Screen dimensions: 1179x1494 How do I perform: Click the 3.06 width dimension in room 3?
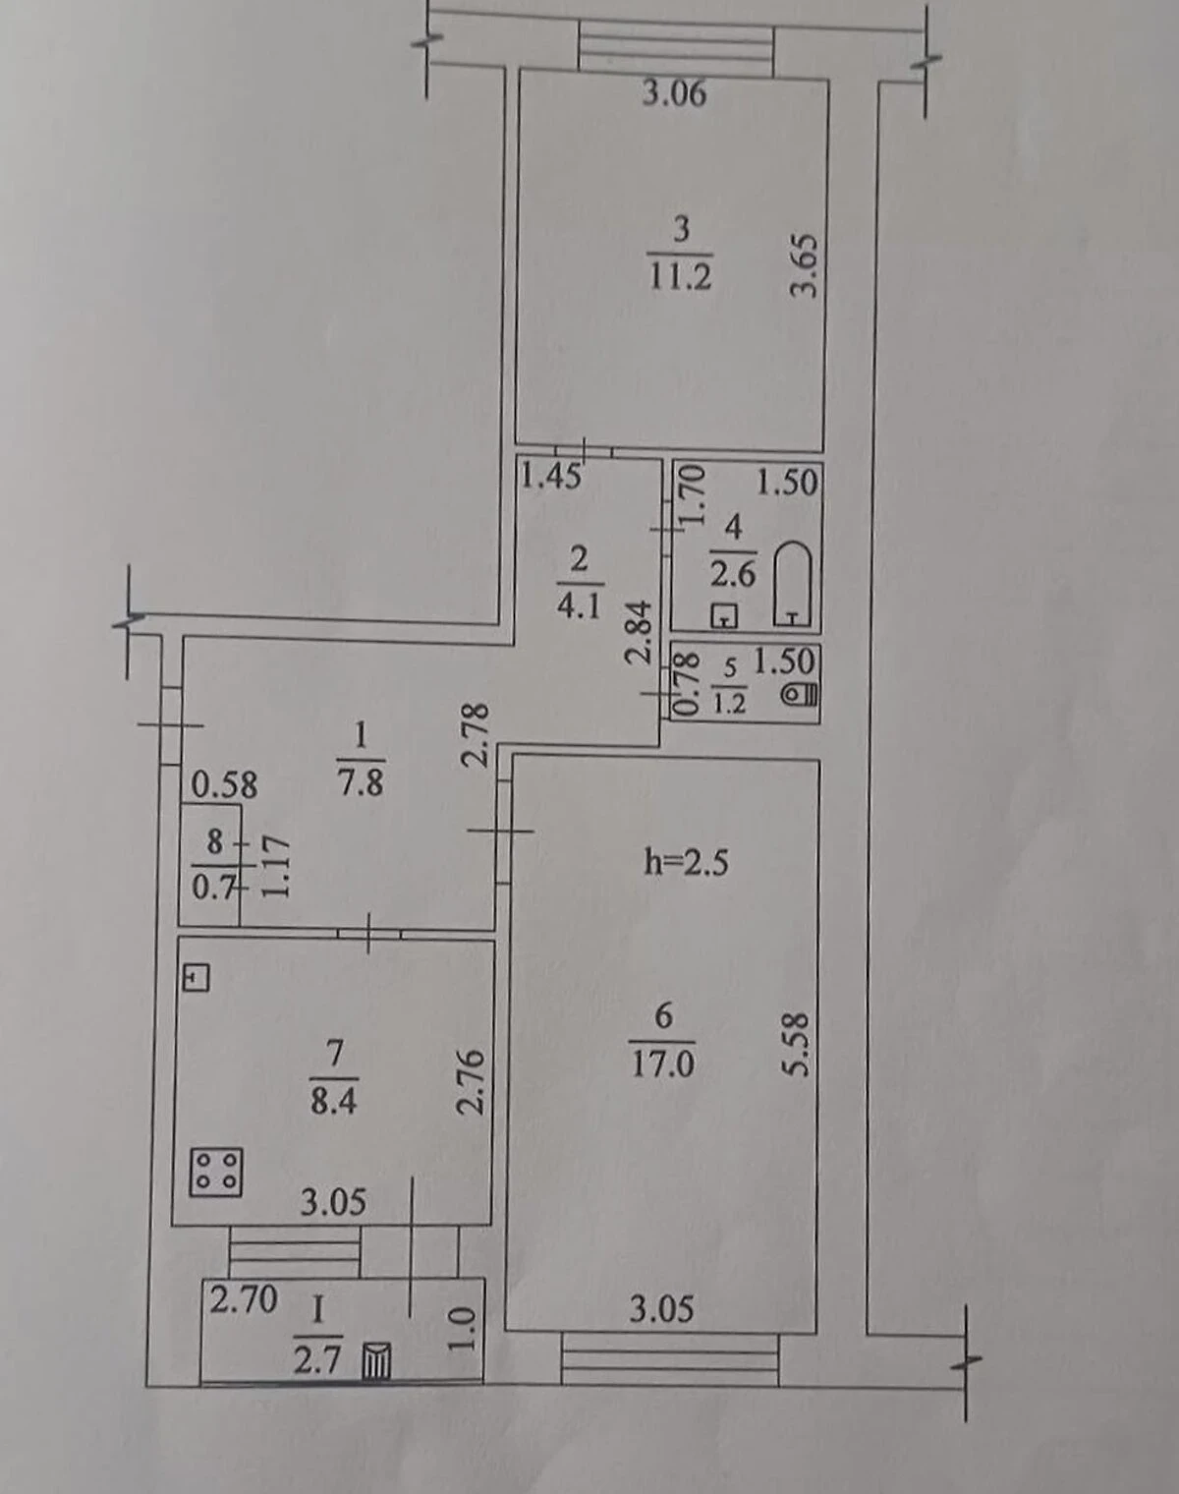[x=673, y=93]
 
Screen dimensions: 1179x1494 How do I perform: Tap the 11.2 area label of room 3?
[x=680, y=278]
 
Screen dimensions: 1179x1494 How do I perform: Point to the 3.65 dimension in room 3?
[x=807, y=266]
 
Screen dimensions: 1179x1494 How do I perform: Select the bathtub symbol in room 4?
[x=793, y=585]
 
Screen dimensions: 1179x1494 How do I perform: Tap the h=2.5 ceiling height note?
[x=686, y=864]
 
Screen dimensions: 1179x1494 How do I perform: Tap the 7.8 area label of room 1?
[x=361, y=782]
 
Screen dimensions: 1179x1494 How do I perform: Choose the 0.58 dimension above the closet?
[x=223, y=785]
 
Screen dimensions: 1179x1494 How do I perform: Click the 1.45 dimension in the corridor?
[x=550, y=477]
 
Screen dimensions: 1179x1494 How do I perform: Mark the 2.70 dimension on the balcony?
[x=244, y=1299]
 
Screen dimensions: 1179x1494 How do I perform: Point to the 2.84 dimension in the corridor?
[x=640, y=632]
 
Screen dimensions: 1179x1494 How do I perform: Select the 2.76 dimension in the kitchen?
[x=472, y=1081]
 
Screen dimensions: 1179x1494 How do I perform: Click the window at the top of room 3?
[x=676, y=47]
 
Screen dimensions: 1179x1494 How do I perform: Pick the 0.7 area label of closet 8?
[x=214, y=888]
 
